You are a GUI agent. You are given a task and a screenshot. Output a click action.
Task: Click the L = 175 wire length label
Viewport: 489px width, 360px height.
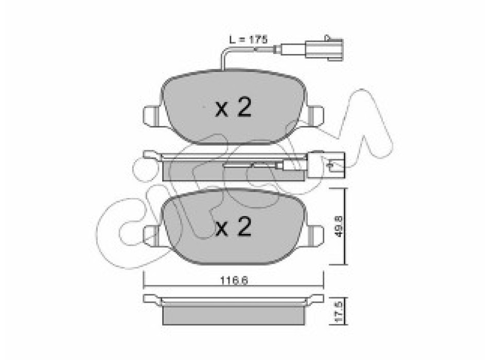[x=248, y=40]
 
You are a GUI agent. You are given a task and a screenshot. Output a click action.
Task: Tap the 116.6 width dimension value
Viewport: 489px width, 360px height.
[x=234, y=280]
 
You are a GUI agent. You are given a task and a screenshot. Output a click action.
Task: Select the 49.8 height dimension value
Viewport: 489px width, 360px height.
[x=339, y=226]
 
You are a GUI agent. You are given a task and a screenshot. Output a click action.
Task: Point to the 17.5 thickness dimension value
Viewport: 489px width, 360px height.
[x=339, y=311]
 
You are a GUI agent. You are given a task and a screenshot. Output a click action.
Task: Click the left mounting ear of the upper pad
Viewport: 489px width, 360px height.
[x=151, y=116]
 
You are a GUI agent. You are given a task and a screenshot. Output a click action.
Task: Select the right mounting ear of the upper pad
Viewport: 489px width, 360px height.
[x=316, y=116]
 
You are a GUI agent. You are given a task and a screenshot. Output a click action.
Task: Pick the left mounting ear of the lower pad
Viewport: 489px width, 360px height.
[x=151, y=236]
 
